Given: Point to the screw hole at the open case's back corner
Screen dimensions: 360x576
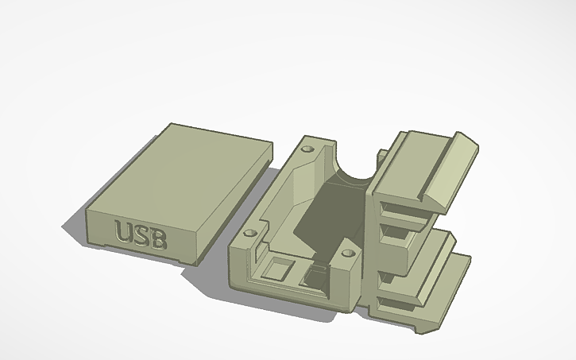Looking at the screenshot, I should tap(309, 148).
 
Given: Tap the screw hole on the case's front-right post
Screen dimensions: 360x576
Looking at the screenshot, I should tap(346, 254).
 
